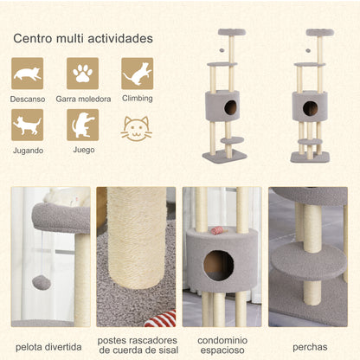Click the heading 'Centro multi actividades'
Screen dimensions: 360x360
point(83,39)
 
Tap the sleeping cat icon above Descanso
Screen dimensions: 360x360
point(27,74)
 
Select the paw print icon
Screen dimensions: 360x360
point(82,74)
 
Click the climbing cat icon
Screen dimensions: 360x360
point(137,74)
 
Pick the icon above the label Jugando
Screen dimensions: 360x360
point(27,125)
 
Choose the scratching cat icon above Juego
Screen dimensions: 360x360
point(82,125)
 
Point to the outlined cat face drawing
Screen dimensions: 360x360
point(137,129)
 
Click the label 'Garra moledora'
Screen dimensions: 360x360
point(82,99)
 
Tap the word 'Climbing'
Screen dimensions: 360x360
point(137,99)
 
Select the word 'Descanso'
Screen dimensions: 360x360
point(27,99)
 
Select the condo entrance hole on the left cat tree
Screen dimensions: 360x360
point(231,108)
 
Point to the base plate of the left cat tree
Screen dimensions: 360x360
point(224,157)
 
